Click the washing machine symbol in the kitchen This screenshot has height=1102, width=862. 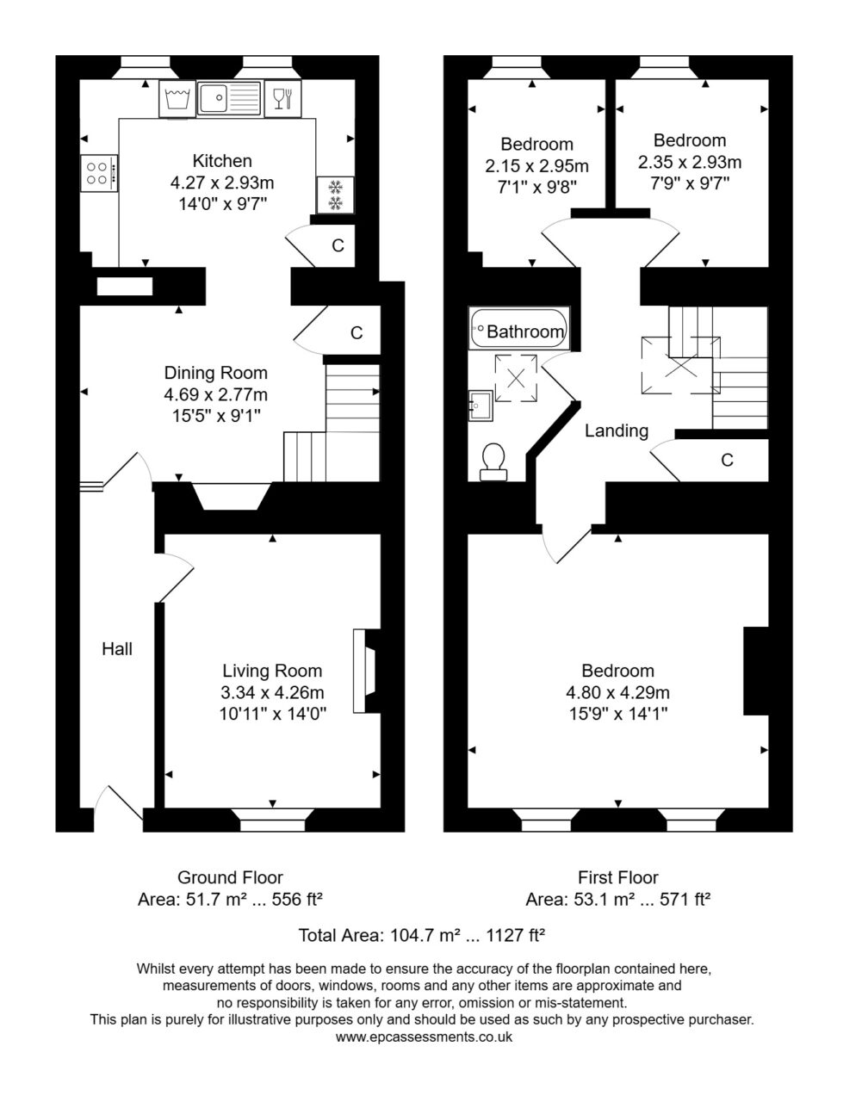click(x=177, y=99)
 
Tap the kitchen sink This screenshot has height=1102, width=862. click(x=230, y=98)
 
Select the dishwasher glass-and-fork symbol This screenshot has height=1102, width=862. click(x=283, y=98)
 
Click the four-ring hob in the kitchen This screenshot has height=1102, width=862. click(x=99, y=173)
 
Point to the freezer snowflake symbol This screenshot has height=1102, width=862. click(x=335, y=195)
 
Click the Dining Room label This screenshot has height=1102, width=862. click(x=215, y=373)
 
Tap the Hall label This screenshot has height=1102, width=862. click(x=117, y=649)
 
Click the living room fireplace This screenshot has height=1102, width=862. click(x=366, y=671)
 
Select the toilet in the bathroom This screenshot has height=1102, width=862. click(x=493, y=461)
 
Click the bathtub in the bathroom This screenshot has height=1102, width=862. click(x=518, y=329)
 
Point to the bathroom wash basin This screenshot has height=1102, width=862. click(x=481, y=406)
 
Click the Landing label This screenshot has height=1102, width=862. click(x=617, y=430)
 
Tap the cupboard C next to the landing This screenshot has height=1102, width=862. click(x=727, y=460)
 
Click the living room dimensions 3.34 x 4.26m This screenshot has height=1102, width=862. click(x=272, y=692)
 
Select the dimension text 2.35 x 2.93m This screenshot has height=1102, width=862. click(x=690, y=162)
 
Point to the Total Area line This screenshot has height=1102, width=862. click(x=421, y=934)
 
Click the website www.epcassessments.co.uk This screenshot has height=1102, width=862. click(x=424, y=1036)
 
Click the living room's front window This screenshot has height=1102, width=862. click(x=272, y=820)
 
